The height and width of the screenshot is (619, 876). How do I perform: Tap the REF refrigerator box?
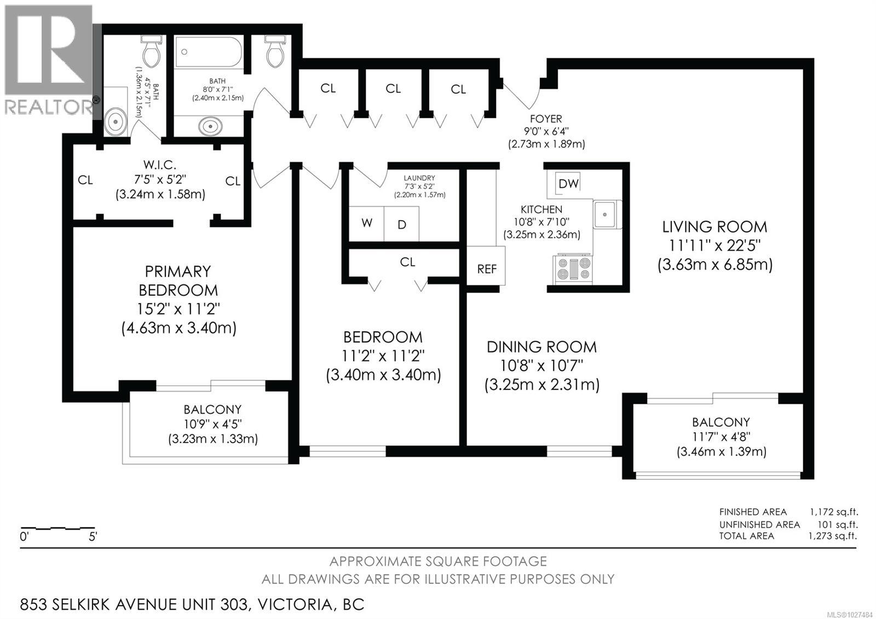(x=486, y=268)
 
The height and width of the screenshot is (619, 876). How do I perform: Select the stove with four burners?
(x=573, y=270)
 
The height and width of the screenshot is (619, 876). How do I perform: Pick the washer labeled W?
(x=367, y=223)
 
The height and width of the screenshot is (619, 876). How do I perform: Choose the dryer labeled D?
(x=402, y=224)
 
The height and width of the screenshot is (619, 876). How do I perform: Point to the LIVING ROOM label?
(x=714, y=227)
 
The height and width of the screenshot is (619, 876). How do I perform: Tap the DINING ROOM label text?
(x=541, y=347)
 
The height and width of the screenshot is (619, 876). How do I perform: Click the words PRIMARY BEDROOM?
(x=178, y=280)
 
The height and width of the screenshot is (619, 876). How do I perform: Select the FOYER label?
(x=545, y=119)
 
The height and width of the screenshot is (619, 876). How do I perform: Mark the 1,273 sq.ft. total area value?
(x=833, y=536)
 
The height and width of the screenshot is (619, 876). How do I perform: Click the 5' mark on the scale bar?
(x=93, y=537)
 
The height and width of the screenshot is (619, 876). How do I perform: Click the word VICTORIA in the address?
(x=295, y=605)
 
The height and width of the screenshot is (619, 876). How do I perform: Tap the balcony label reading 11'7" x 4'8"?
(x=721, y=437)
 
